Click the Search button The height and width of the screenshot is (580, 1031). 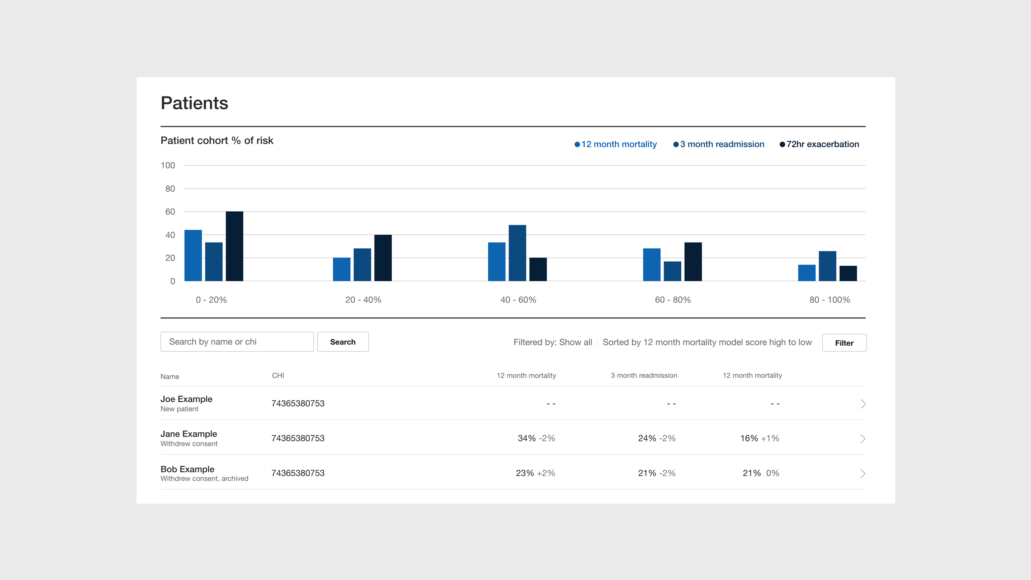343,342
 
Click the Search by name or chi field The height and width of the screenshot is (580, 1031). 237,342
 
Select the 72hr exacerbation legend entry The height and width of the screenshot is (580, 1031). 819,144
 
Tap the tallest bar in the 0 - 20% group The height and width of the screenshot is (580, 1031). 234,246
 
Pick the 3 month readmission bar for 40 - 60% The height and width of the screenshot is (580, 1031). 517,253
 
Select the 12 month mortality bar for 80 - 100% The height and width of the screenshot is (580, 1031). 807,273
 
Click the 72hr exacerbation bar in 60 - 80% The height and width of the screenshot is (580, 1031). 693,262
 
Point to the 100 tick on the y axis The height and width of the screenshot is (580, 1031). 168,165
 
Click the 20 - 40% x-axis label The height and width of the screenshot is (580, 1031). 363,300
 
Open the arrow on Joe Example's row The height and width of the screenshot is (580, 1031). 863,404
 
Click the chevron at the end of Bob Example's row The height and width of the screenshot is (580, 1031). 863,474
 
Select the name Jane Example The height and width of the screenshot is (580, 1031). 188,434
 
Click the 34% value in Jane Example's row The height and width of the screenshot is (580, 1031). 527,439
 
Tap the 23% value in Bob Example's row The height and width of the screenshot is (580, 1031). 525,473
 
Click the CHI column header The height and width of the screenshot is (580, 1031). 278,375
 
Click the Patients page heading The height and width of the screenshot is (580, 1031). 194,103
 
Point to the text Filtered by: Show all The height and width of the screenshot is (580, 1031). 553,342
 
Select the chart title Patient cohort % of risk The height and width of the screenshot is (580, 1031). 217,141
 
